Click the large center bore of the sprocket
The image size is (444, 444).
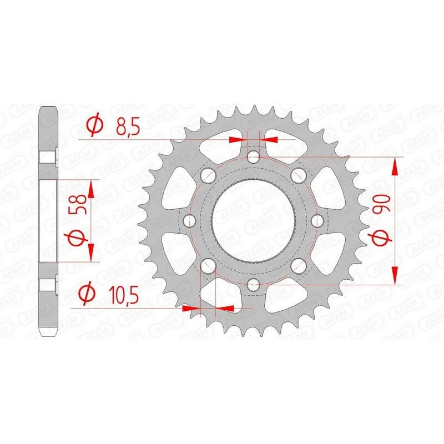click(x=254, y=221)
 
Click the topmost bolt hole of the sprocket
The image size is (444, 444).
click(x=254, y=158)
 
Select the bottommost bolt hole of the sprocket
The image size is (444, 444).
click(x=254, y=286)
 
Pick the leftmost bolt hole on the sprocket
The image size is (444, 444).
click(x=190, y=221)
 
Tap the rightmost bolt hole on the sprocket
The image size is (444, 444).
click(x=318, y=221)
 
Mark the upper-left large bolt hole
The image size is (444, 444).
click(x=208, y=176)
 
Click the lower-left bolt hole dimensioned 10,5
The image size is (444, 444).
click(x=208, y=267)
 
